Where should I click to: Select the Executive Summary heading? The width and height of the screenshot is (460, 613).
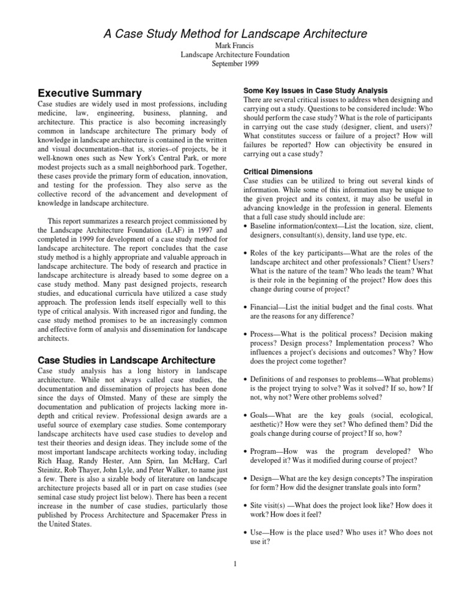[x=90, y=93]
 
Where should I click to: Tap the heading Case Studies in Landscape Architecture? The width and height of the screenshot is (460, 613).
[x=126, y=360]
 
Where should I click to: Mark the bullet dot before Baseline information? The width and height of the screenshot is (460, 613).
[x=247, y=226]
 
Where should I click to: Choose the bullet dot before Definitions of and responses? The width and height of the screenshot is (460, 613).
[x=247, y=380]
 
